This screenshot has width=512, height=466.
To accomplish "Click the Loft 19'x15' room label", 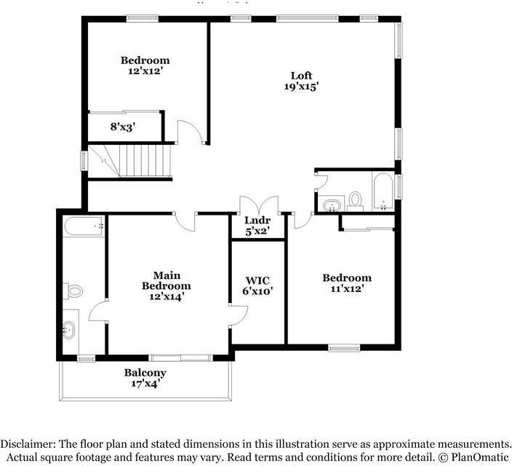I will point(301,81).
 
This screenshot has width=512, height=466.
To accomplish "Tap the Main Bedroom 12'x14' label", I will point(167,285).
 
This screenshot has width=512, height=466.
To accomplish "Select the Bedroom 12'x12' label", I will point(145,66).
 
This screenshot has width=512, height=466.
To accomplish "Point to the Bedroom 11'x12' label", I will point(347,283).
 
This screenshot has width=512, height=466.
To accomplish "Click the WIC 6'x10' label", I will point(257,285).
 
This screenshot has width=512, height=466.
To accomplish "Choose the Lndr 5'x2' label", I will point(257,226).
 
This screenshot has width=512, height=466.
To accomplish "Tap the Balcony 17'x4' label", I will point(145,378).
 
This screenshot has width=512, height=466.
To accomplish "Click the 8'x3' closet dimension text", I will point(123,127).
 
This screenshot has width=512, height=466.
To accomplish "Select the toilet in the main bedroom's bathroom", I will point(73,291).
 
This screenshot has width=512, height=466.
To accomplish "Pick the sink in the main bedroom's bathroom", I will point(69,330).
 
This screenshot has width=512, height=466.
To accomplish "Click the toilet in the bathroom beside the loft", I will point(355,199).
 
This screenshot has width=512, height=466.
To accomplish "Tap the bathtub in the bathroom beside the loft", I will point(383,191).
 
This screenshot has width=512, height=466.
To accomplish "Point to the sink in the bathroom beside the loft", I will point(332,204).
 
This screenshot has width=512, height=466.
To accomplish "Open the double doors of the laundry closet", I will point(258,205).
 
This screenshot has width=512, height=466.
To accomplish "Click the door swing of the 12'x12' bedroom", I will point(189,133).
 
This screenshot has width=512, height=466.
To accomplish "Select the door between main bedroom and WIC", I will point(238,315).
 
